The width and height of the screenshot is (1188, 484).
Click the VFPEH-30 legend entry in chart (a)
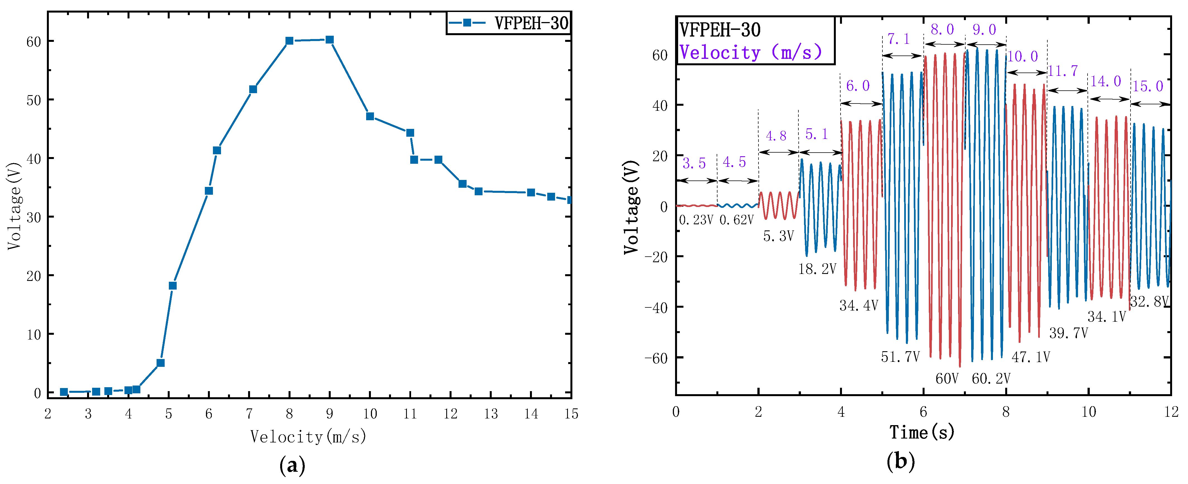tap(509, 23)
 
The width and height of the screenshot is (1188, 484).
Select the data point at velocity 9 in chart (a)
tap(329, 40)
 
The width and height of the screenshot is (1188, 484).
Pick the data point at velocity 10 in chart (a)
tap(370, 116)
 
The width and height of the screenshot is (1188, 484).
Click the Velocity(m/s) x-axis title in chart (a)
tap(308, 436)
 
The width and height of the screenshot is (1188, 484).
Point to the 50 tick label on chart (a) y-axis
tap(34, 100)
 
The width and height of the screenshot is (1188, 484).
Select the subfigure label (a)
tap(292, 466)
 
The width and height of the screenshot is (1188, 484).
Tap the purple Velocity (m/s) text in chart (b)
tap(750, 52)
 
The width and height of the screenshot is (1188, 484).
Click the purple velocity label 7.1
tap(898, 39)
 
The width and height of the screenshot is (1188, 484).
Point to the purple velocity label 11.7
tap(1063, 71)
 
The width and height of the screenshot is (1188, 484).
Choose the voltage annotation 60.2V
tap(991, 379)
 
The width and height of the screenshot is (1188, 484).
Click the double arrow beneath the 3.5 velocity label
tap(696, 181)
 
